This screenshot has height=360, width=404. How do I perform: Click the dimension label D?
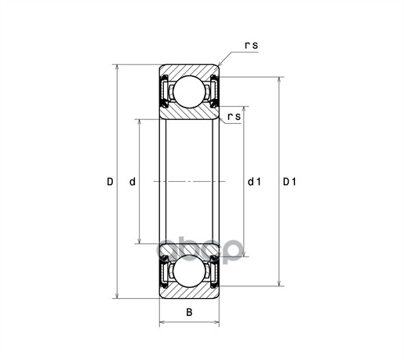110,182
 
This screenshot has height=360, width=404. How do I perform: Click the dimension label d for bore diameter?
133,182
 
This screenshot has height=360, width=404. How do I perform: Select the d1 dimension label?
254,182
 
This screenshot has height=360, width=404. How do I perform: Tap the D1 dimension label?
289,182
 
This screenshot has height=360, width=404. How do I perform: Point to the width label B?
189,312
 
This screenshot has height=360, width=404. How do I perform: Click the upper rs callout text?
251,45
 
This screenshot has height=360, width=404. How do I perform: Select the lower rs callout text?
234,117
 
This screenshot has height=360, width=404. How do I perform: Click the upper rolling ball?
189,92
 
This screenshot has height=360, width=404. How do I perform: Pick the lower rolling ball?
189,271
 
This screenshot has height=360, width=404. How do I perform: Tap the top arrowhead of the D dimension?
117,67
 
